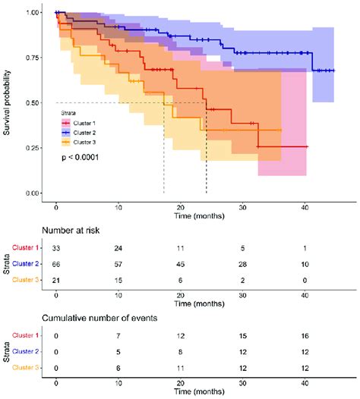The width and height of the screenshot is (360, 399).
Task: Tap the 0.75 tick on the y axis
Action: [32, 58]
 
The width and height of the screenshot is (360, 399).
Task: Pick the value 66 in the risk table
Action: [56, 264]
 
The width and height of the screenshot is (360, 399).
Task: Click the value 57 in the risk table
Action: [118, 264]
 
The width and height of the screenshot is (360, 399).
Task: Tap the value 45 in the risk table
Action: [180, 264]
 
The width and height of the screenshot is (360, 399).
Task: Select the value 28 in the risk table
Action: [242, 264]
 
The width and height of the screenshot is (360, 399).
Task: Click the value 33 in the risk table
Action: [56, 248]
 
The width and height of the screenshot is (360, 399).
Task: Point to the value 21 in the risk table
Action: [56, 280]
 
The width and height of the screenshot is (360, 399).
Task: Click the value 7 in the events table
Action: [118, 335]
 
